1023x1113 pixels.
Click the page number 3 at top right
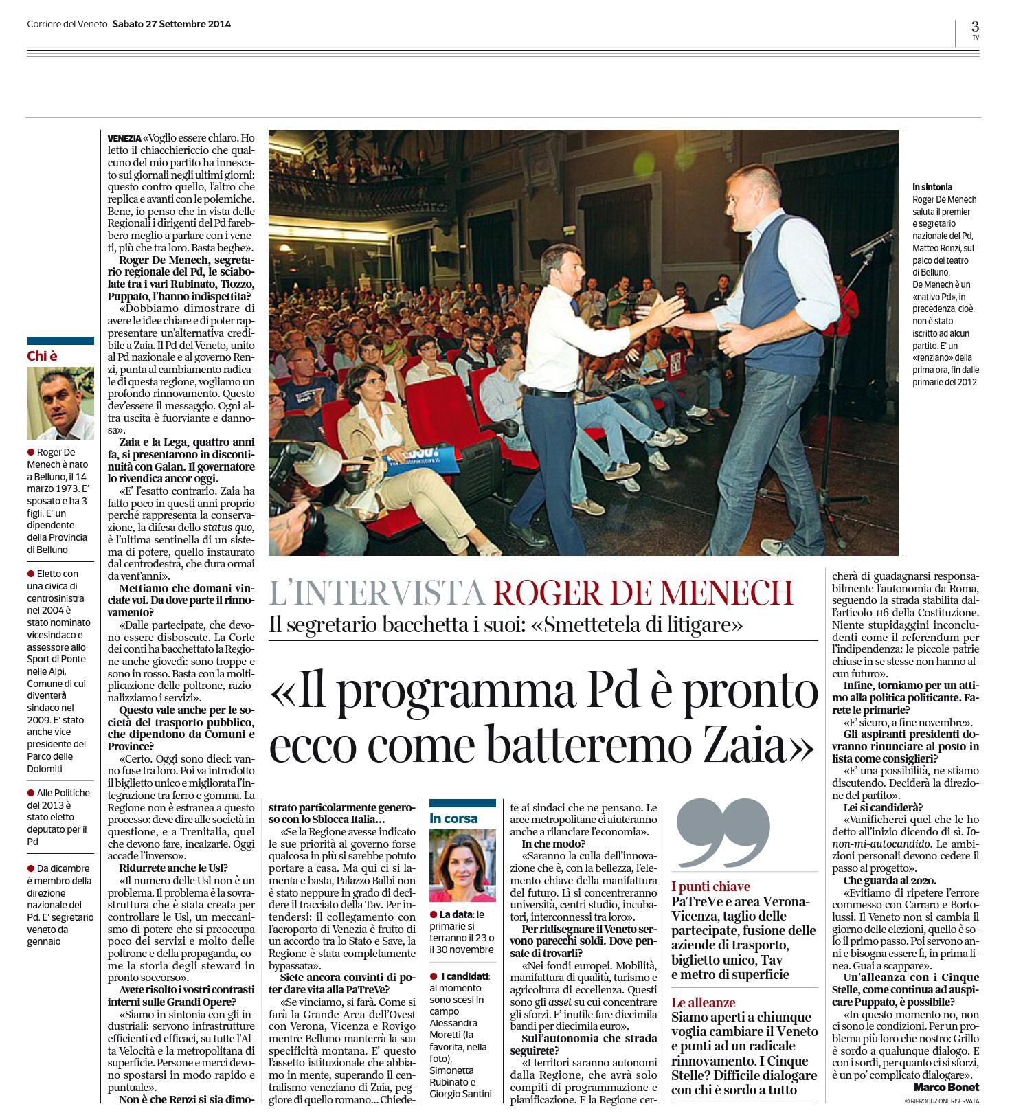pyautogui.click(x=975, y=26)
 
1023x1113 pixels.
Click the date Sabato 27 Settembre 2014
pyautogui.click(x=171, y=24)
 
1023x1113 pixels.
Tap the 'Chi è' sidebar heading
pyautogui.click(x=43, y=356)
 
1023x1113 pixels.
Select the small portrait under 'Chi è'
pyautogui.click(x=60, y=403)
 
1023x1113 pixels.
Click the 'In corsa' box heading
pyautogui.click(x=453, y=818)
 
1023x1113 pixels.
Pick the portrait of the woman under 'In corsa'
pyautogui.click(x=462, y=866)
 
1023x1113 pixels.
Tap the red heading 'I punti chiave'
pyautogui.click(x=710, y=886)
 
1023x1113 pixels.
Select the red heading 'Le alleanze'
pyautogui.click(x=703, y=1002)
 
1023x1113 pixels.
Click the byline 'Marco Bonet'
pyautogui.click(x=946, y=1087)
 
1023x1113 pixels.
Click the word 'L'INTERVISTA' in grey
pyautogui.click(x=376, y=593)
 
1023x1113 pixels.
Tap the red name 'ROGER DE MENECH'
pyautogui.click(x=643, y=593)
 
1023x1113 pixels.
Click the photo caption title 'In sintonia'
pyautogui.click(x=932, y=187)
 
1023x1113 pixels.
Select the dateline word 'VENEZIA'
pyautogui.click(x=124, y=138)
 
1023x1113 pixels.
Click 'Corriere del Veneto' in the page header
pyautogui.click(x=67, y=24)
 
